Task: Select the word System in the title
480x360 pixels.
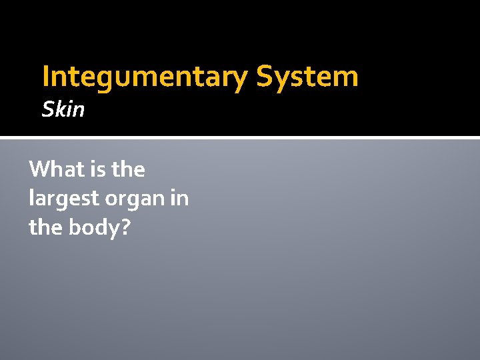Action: click(308, 77)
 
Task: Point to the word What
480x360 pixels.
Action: click(54, 169)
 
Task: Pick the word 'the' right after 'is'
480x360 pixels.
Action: click(128, 169)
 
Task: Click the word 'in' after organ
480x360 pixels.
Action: click(179, 198)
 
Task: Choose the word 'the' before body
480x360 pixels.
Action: click(46, 227)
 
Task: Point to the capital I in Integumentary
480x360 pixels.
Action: click(45, 77)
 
